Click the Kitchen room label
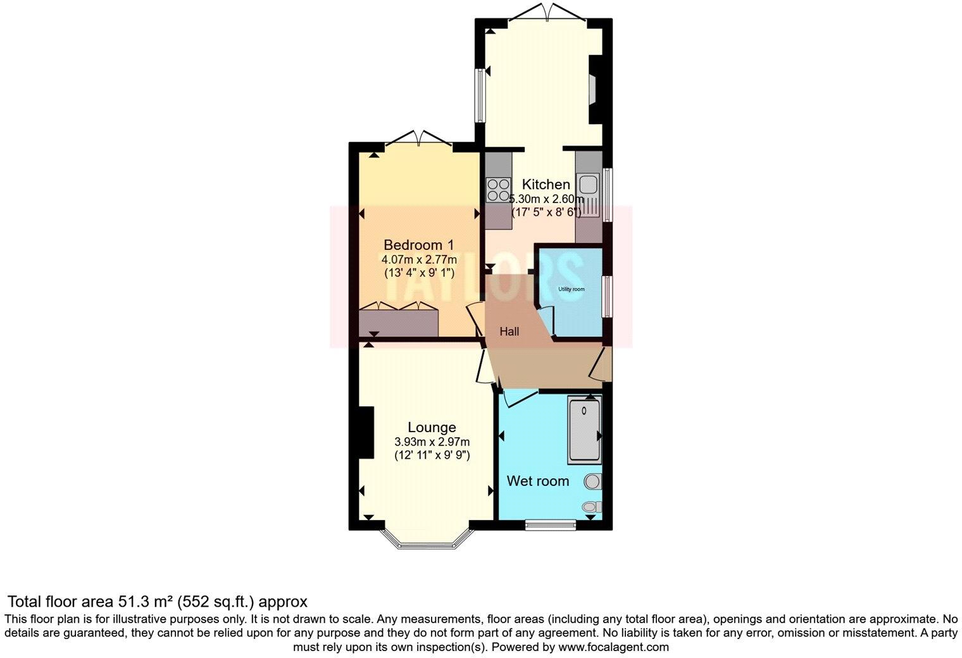(546, 185)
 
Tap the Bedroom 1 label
(419, 245)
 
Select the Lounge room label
(432, 427)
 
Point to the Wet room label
(538, 481)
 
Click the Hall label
(509, 332)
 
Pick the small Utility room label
(571, 289)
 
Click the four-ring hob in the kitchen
(498, 189)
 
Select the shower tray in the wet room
(584, 429)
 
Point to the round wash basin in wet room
(593, 481)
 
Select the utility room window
(606, 296)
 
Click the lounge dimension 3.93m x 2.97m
(432, 442)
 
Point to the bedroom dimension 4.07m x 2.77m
(419, 259)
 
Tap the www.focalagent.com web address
(613, 647)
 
